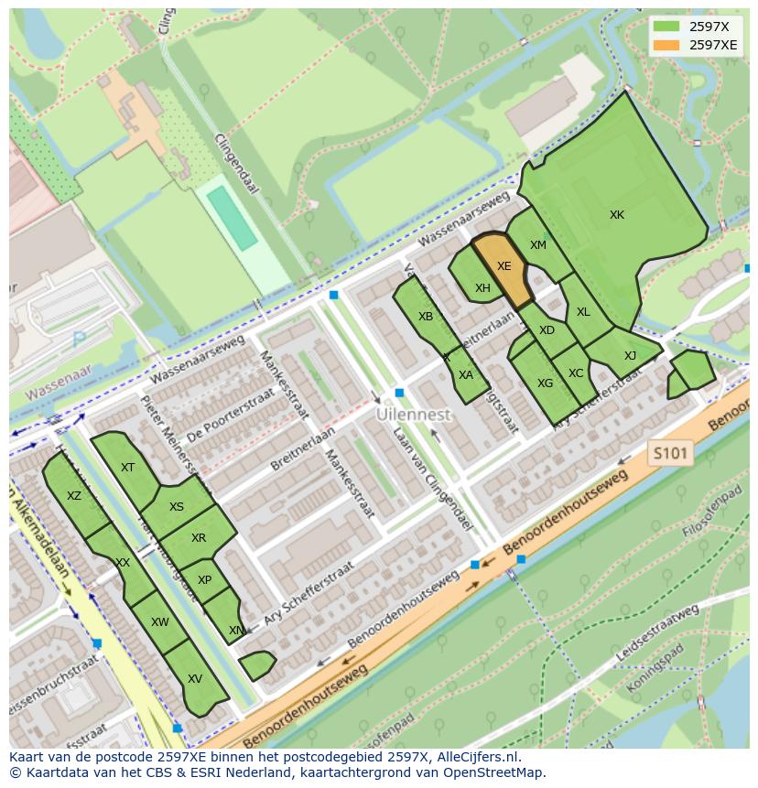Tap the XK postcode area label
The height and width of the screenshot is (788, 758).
point(617,215)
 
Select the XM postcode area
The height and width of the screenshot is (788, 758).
point(537,245)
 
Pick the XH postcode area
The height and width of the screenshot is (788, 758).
point(482,288)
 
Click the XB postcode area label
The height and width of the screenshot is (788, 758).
point(426,317)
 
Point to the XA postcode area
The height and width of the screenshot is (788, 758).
point(466,374)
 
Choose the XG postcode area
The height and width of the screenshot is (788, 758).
point(545,383)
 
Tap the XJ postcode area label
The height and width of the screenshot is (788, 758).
point(630,356)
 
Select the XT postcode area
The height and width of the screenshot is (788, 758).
point(127,468)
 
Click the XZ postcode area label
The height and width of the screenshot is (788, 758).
point(74,496)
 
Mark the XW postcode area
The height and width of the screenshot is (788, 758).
point(160,622)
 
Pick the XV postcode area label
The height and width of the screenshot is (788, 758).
point(194,679)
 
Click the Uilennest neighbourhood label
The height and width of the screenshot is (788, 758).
point(414,415)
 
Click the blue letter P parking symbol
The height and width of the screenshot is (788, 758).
point(80,340)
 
